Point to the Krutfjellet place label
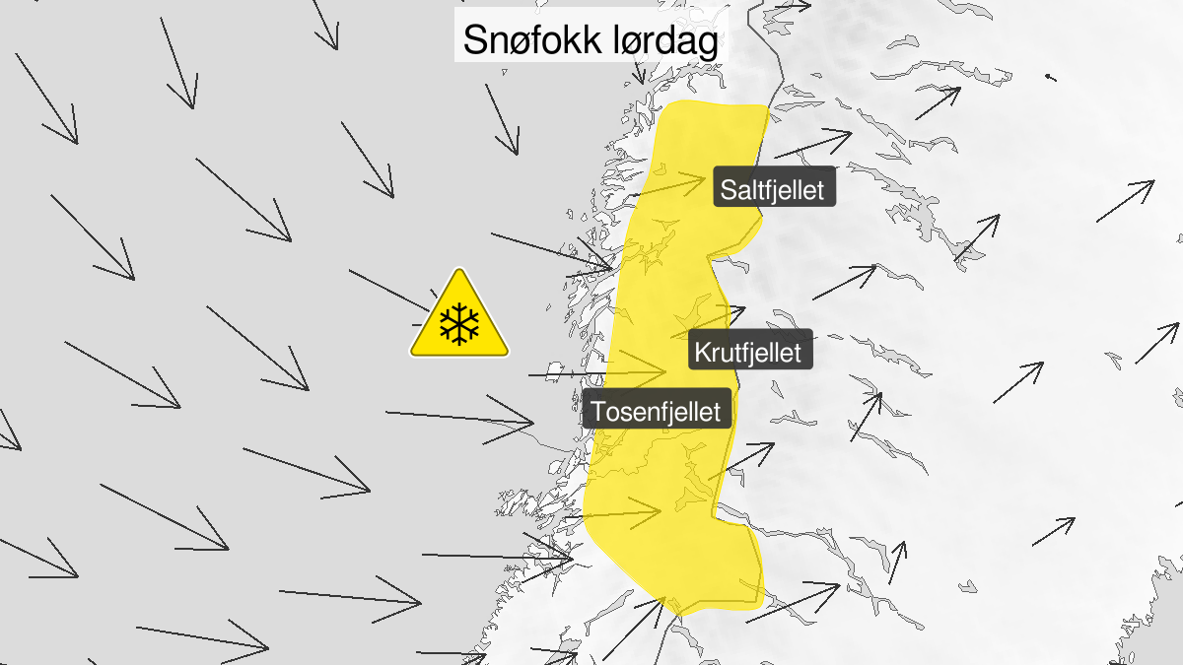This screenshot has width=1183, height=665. (x=748, y=351)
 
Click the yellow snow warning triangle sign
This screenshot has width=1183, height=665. (x=459, y=318)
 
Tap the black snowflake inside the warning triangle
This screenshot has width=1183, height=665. (x=459, y=324)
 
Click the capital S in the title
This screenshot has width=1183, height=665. (x=476, y=40)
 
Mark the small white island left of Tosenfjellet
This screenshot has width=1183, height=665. (x=554, y=370)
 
